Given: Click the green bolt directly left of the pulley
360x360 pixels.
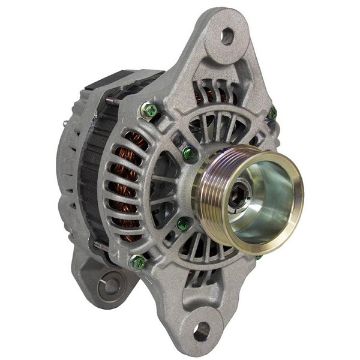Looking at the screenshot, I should [187, 153].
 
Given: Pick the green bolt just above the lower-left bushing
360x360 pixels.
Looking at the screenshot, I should [139, 261].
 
